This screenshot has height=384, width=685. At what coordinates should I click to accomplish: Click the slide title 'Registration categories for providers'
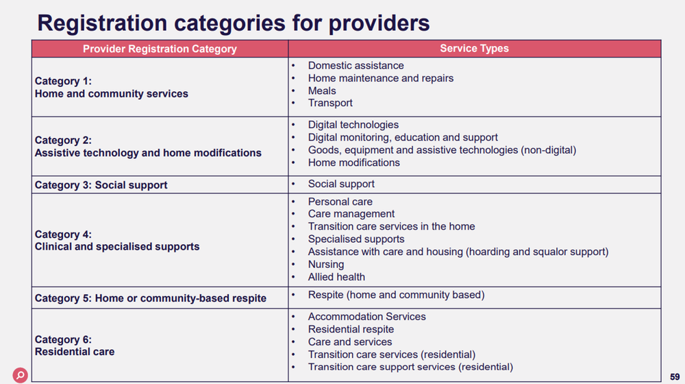(x=233, y=23)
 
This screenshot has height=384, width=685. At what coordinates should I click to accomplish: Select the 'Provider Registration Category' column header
(x=160, y=49)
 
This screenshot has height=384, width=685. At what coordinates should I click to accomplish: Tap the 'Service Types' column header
(x=474, y=49)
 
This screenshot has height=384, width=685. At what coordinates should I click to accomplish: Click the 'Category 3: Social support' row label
(x=101, y=185)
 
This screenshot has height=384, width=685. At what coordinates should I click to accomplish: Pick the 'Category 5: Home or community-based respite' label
(x=151, y=298)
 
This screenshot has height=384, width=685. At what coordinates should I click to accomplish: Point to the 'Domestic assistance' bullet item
(x=356, y=66)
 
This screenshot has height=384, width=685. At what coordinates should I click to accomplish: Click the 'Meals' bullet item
(x=322, y=91)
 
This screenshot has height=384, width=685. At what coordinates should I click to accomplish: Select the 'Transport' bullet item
(x=330, y=103)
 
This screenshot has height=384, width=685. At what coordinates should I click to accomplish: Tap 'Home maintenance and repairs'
(x=380, y=78)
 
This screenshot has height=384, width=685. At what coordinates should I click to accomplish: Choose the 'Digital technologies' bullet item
(x=353, y=125)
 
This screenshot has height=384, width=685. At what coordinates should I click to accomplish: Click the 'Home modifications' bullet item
(x=353, y=163)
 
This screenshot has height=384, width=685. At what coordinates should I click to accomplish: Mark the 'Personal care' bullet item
(x=340, y=202)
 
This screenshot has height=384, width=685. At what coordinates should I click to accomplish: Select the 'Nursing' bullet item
(x=326, y=264)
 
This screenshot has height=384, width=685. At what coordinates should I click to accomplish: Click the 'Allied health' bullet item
(x=336, y=277)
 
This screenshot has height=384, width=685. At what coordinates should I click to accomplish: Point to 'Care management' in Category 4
(x=351, y=214)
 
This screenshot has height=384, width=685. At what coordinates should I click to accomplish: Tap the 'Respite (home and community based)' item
(x=396, y=295)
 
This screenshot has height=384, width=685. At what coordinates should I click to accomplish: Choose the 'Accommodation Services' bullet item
(x=366, y=317)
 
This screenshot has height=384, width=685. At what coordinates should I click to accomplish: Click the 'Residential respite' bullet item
(x=351, y=329)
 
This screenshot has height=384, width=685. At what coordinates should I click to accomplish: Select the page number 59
(x=675, y=376)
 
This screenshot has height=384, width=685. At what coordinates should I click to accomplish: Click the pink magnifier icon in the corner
(x=21, y=374)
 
